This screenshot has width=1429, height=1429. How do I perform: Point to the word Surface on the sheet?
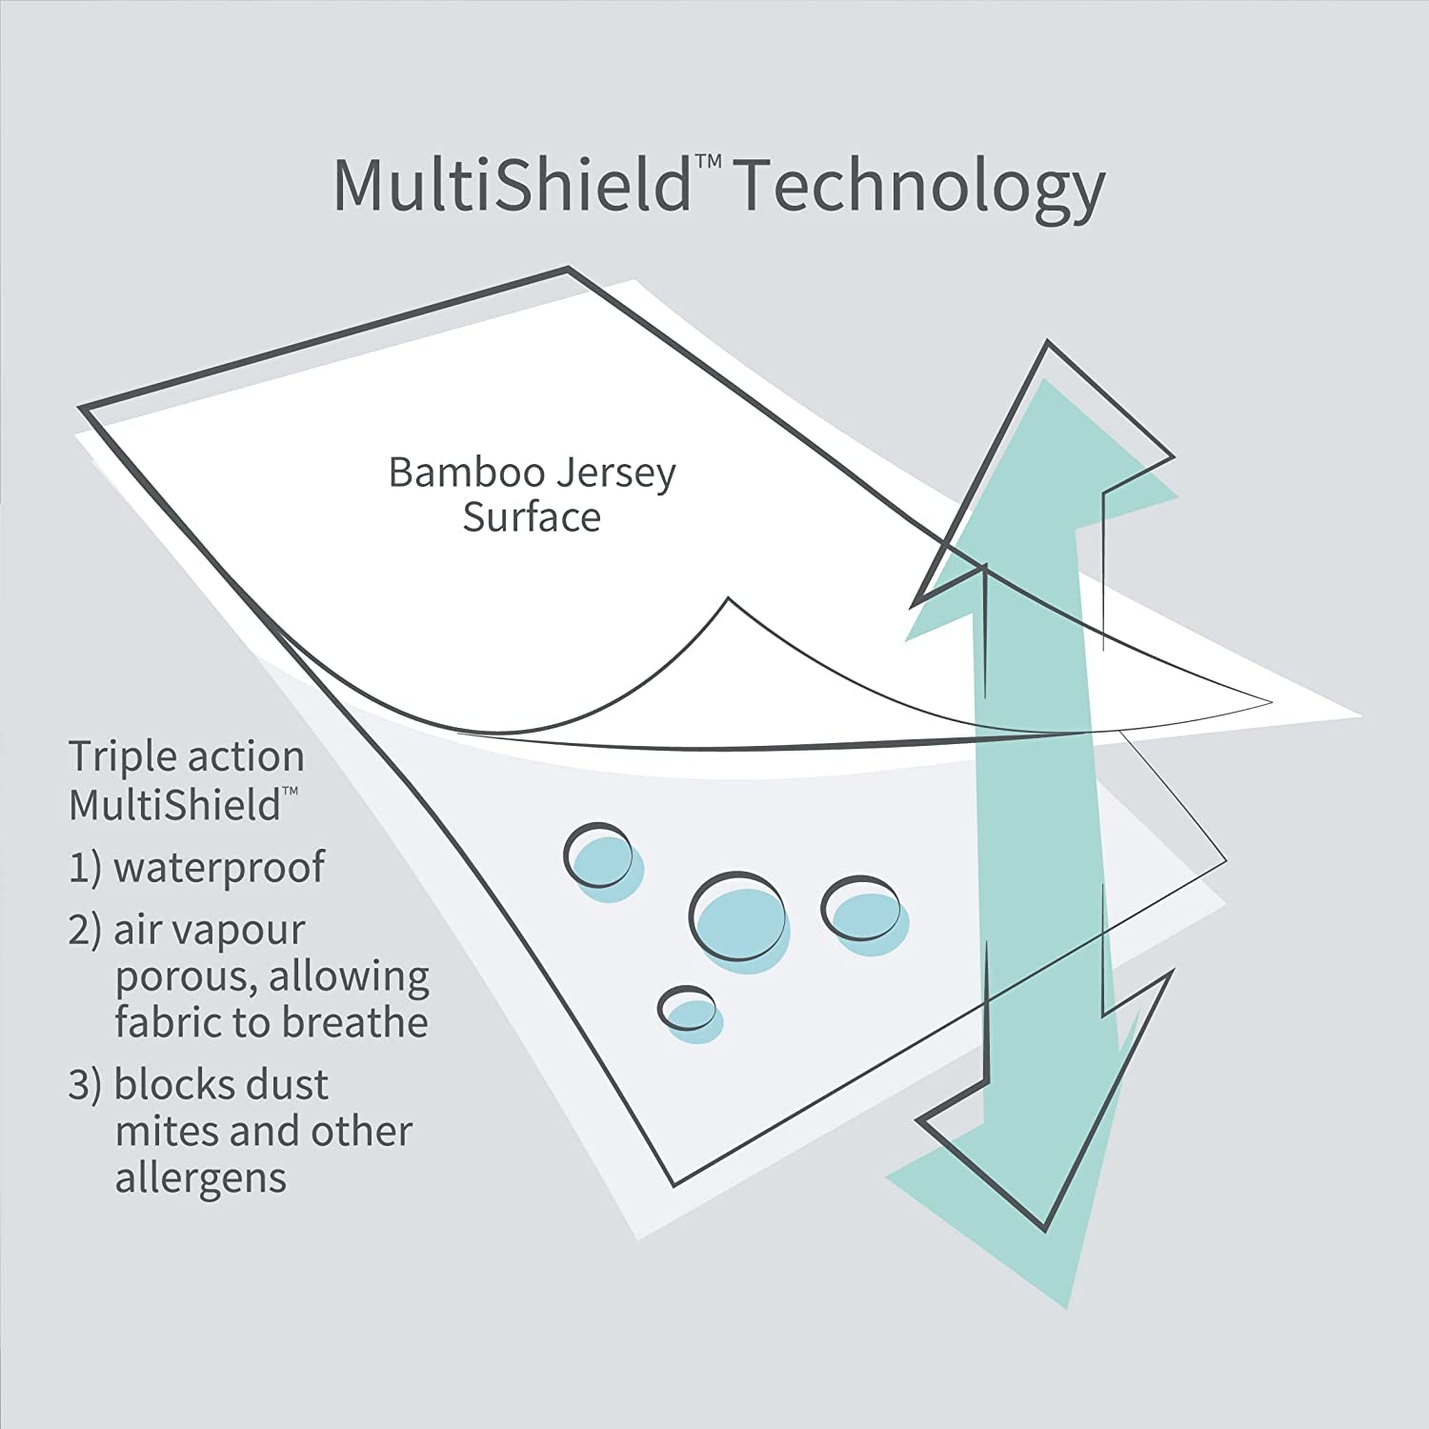pyautogui.click(x=532, y=517)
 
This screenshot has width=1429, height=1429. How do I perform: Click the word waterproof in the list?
pyautogui.click(x=219, y=868)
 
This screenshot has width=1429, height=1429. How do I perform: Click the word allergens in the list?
pyautogui.click(x=201, y=1177)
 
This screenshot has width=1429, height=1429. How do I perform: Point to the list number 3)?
pyautogui.click(x=84, y=1085)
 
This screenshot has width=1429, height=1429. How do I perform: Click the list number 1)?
pyautogui.click(x=84, y=868)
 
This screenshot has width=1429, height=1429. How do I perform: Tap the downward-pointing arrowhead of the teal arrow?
pyautogui.click(x=1038, y=1191)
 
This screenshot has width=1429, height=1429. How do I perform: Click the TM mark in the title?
pyautogui.click(x=706, y=164)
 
